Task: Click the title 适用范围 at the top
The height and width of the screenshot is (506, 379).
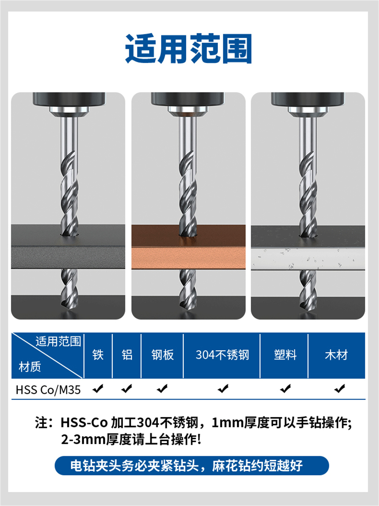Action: pyautogui.click(x=188, y=49)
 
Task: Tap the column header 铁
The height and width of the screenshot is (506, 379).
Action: pyautogui.click(x=98, y=355)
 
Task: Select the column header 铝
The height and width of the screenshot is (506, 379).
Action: pyautogui.click(x=127, y=355)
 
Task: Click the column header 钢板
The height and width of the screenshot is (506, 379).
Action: pyautogui.click(x=162, y=355)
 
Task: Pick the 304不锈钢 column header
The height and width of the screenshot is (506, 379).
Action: pyautogui.click(x=222, y=355)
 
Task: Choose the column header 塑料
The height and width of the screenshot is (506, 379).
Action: pyautogui.click(x=285, y=355)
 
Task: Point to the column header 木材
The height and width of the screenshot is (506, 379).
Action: pyautogui.click(x=336, y=355)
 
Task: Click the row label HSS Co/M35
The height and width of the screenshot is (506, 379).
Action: pyautogui.click(x=48, y=390)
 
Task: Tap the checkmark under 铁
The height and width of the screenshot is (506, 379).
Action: pyautogui.click(x=98, y=389)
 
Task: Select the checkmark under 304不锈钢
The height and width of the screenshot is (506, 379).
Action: pyautogui.click(x=223, y=389)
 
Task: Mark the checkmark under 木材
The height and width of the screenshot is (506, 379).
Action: pyautogui.click(x=339, y=389)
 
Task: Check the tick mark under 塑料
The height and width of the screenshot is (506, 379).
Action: pyautogui.click(x=286, y=389)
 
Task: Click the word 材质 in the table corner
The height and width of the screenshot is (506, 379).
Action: pyautogui.click(x=30, y=367)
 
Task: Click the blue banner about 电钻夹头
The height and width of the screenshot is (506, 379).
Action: pyautogui.click(x=192, y=465)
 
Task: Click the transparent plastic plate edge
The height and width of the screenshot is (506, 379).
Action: pyautogui.click(x=307, y=259)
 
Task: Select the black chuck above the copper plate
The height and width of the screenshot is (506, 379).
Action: pyautogui.click(x=188, y=99)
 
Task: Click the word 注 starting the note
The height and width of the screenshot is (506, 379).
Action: pyautogui.click(x=41, y=423)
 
